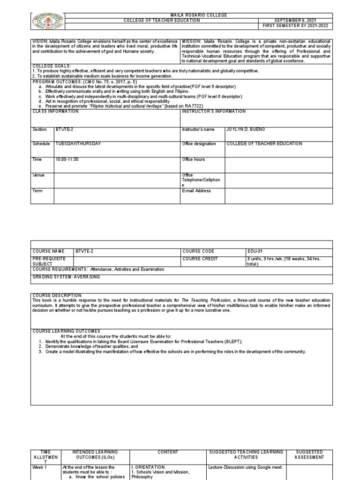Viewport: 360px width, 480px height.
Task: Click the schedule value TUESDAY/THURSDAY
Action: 78,144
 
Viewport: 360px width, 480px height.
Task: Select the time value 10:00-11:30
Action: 67,160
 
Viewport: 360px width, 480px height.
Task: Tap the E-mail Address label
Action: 196,191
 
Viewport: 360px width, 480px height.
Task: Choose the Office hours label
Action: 193,160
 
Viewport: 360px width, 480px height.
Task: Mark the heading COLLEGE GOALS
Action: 52,66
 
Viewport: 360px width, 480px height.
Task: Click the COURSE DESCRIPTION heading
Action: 57,295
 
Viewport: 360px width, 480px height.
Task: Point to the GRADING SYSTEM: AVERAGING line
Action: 66,277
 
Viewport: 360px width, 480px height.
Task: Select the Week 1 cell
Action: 39,467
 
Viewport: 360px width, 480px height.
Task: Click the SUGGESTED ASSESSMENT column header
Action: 309,454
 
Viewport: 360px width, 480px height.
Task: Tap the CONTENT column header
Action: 168,452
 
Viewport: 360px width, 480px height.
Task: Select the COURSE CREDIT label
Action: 200,259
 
